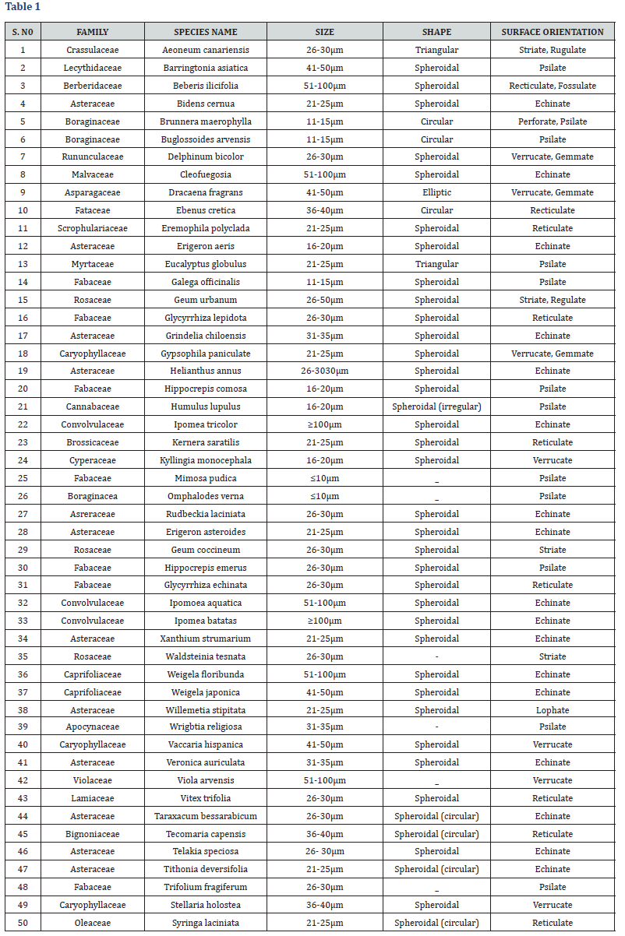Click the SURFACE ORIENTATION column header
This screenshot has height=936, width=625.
click(x=553, y=32)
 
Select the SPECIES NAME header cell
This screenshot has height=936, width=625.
click(x=206, y=32)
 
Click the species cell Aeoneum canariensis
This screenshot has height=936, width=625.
click(x=206, y=50)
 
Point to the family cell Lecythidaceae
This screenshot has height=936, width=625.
click(x=93, y=68)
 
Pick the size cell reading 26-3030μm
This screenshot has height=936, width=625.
click(x=324, y=371)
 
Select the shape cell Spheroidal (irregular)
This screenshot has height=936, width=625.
click(x=436, y=406)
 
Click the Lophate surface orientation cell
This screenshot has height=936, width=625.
click(x=553, y=710)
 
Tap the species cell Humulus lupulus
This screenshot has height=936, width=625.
click(x=206, y=406)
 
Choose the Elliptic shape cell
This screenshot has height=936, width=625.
click(x=436, y=192)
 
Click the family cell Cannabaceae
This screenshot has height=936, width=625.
click(x=93, y=406)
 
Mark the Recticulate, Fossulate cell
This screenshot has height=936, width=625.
click(x=553, y=86)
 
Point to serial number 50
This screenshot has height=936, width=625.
click(x=23, y=923)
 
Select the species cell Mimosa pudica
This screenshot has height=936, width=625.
click(x=206, y=478)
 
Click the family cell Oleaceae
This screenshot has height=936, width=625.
click(x=93, y=923)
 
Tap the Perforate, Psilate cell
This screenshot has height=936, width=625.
click(x=553, y=121)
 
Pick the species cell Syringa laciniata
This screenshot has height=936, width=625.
click(x=206, y=923)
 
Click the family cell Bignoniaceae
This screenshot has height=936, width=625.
click(x=93, y=834)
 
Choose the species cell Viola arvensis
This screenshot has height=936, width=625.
click(x=206, y=780)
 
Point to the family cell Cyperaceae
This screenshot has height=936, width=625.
click(x=93, y=460)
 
